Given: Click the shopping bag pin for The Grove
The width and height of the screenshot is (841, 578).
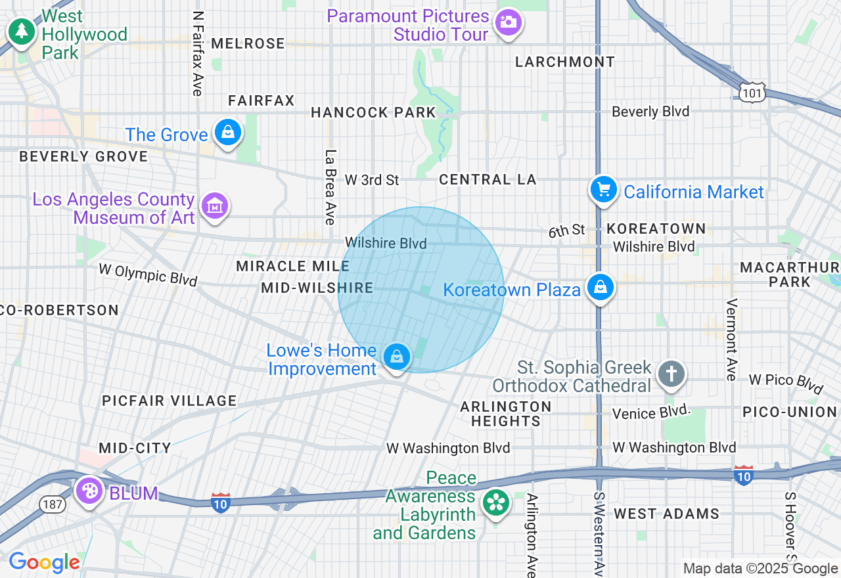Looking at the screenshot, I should point(227,133).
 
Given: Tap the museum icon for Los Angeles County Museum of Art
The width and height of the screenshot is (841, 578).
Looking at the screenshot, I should point(215,207).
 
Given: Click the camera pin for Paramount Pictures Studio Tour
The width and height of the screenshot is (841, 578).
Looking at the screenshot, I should point(507,22).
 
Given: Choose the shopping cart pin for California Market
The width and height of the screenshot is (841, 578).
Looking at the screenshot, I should point(603,190).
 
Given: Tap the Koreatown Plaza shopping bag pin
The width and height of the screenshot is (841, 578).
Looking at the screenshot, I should point(600,288).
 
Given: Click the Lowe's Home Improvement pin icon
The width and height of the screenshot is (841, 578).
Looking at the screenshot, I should point(396,357).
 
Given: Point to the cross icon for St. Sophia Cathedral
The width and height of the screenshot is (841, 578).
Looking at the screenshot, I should point(671,375).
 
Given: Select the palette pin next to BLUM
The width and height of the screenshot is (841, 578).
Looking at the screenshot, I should point(89,490).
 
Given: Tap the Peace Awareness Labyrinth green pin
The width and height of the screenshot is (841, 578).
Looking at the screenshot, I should point(496,504).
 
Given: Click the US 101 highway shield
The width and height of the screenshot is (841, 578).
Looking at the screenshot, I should point(750,93).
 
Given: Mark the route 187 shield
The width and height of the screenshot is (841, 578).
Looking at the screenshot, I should point(51,504).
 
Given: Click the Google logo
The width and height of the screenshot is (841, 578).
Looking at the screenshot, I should point(44,562).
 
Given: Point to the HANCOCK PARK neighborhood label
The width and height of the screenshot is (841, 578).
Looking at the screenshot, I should point(373,112).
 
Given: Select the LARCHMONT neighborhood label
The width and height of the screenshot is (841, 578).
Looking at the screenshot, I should point(565,62).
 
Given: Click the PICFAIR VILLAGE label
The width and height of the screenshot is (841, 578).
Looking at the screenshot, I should point(169,401).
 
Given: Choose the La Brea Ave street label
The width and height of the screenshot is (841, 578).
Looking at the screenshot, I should point(330,187).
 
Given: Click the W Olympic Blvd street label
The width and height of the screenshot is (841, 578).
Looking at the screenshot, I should point(148,274).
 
